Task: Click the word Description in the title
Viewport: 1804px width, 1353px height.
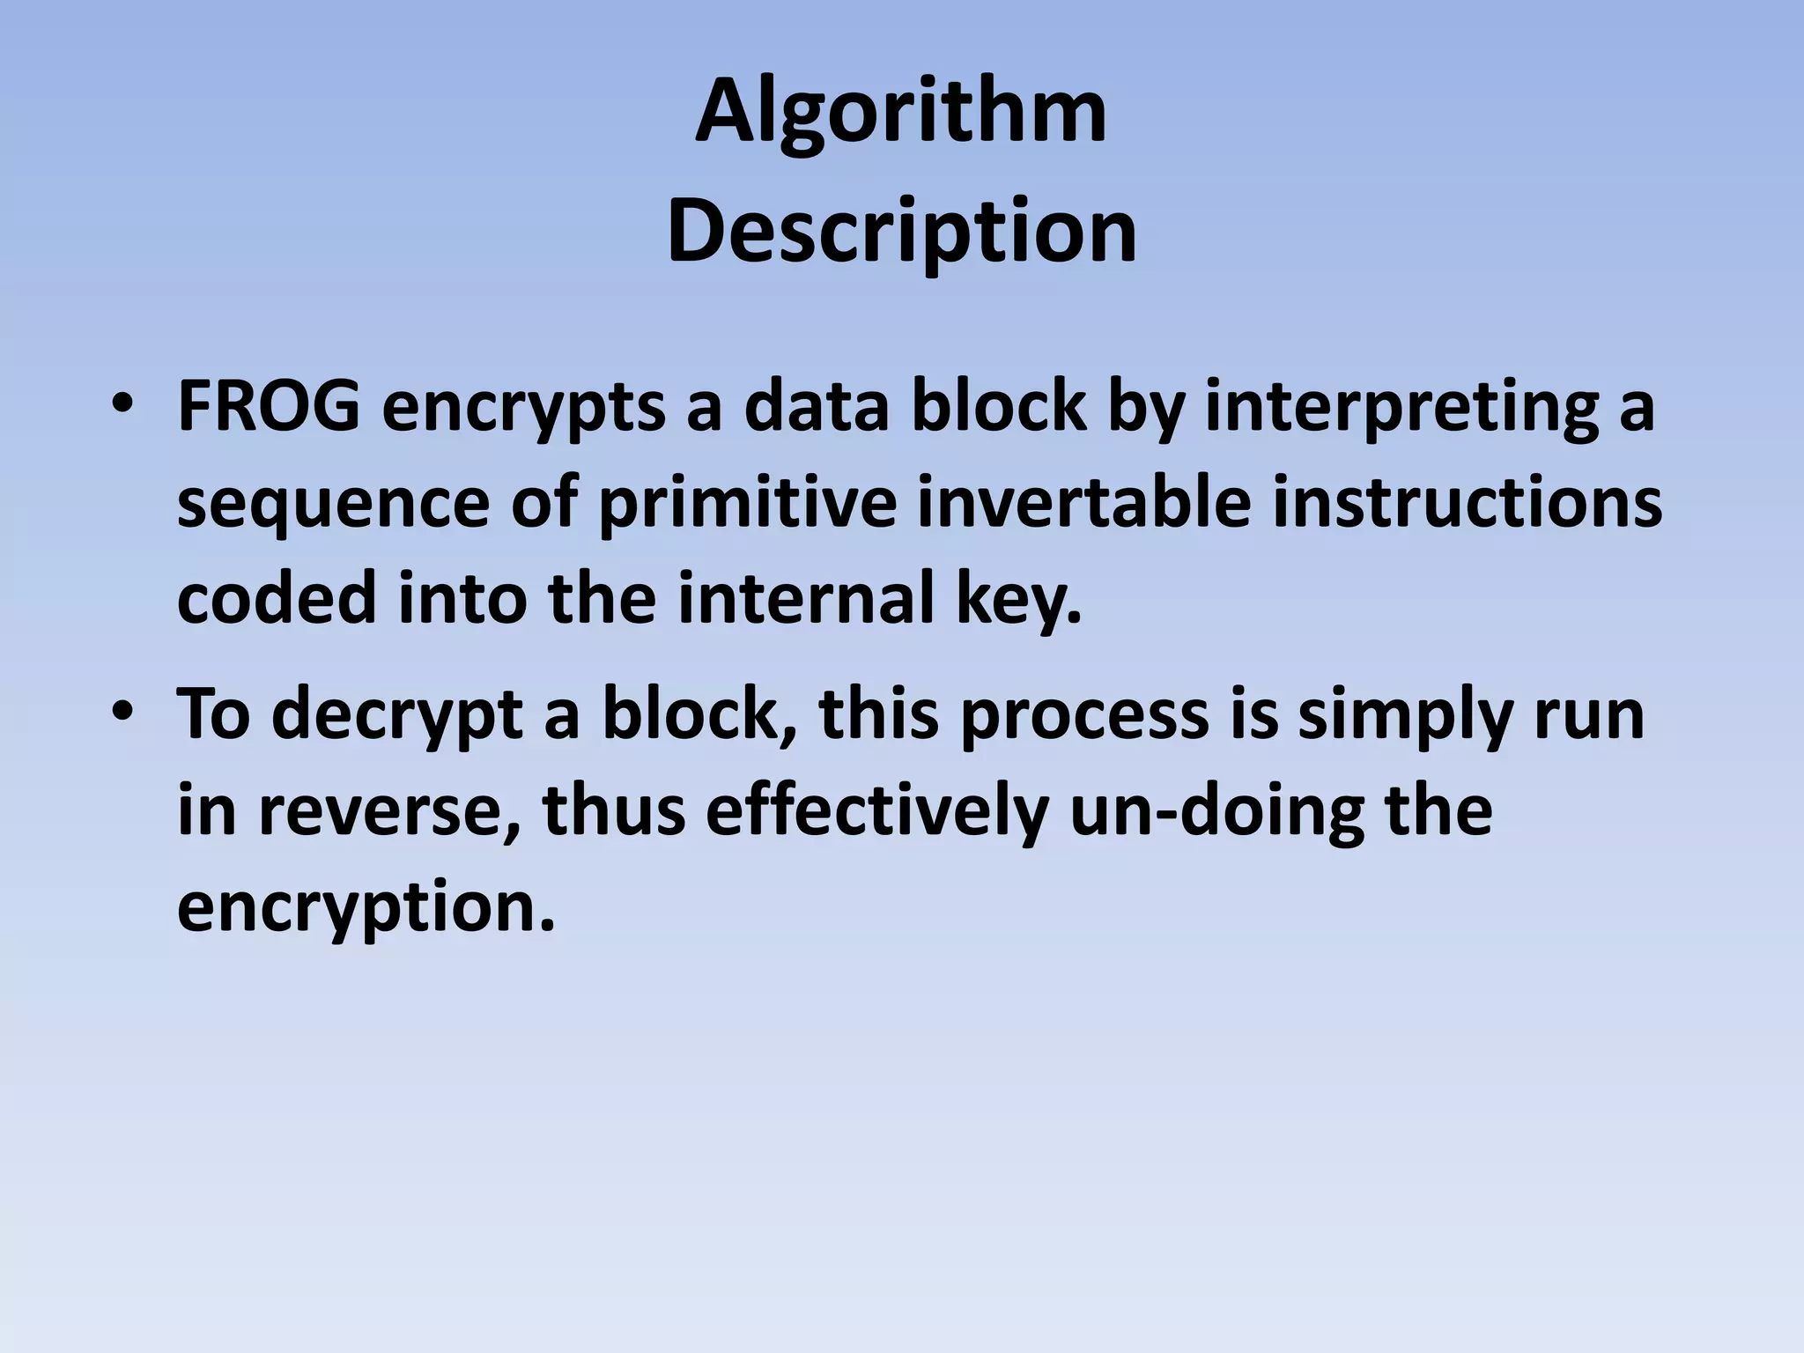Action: tap(901, 233)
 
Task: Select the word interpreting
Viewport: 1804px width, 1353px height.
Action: tap(1401, 409)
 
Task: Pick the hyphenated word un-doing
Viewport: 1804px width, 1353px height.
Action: tap(1218, 812)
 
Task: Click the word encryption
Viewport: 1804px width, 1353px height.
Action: tap(366, 909)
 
